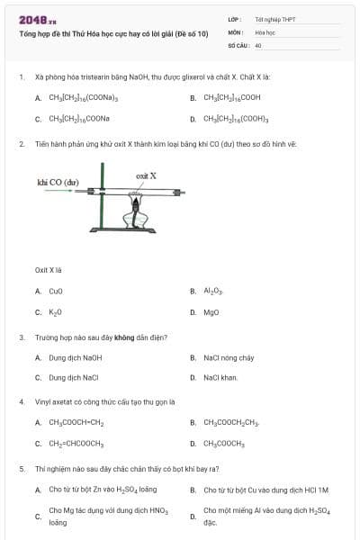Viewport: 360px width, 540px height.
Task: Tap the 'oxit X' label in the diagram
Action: click(x=146, y=175)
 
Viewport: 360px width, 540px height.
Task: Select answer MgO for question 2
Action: click(x=211, y=312)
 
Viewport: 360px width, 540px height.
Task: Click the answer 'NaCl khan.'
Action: click(x=220, y=378)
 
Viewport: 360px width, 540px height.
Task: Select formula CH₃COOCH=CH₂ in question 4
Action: click(x=76, y=422)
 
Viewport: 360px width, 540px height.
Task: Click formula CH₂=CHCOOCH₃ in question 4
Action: click(x=76, y=444)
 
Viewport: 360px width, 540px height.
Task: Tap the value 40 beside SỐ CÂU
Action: click(x=258, y=44)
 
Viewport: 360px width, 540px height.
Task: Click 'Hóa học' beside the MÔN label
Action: click(x=264, y=31)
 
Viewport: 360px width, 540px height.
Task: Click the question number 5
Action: click(x=21, y=469)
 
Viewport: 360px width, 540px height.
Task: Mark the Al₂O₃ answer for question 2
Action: click(x=213, y=291)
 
